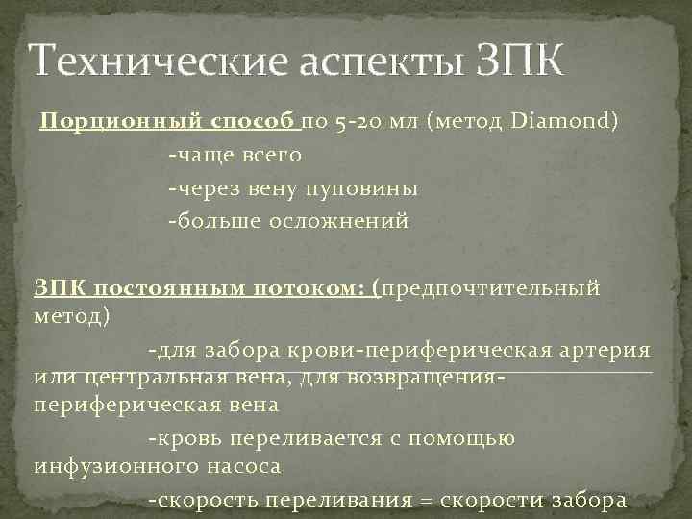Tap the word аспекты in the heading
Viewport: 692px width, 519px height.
[x=375, y=62]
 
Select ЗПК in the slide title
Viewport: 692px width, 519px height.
[x=519, y=62]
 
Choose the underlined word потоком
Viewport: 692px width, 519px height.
[x=313, y=287]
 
